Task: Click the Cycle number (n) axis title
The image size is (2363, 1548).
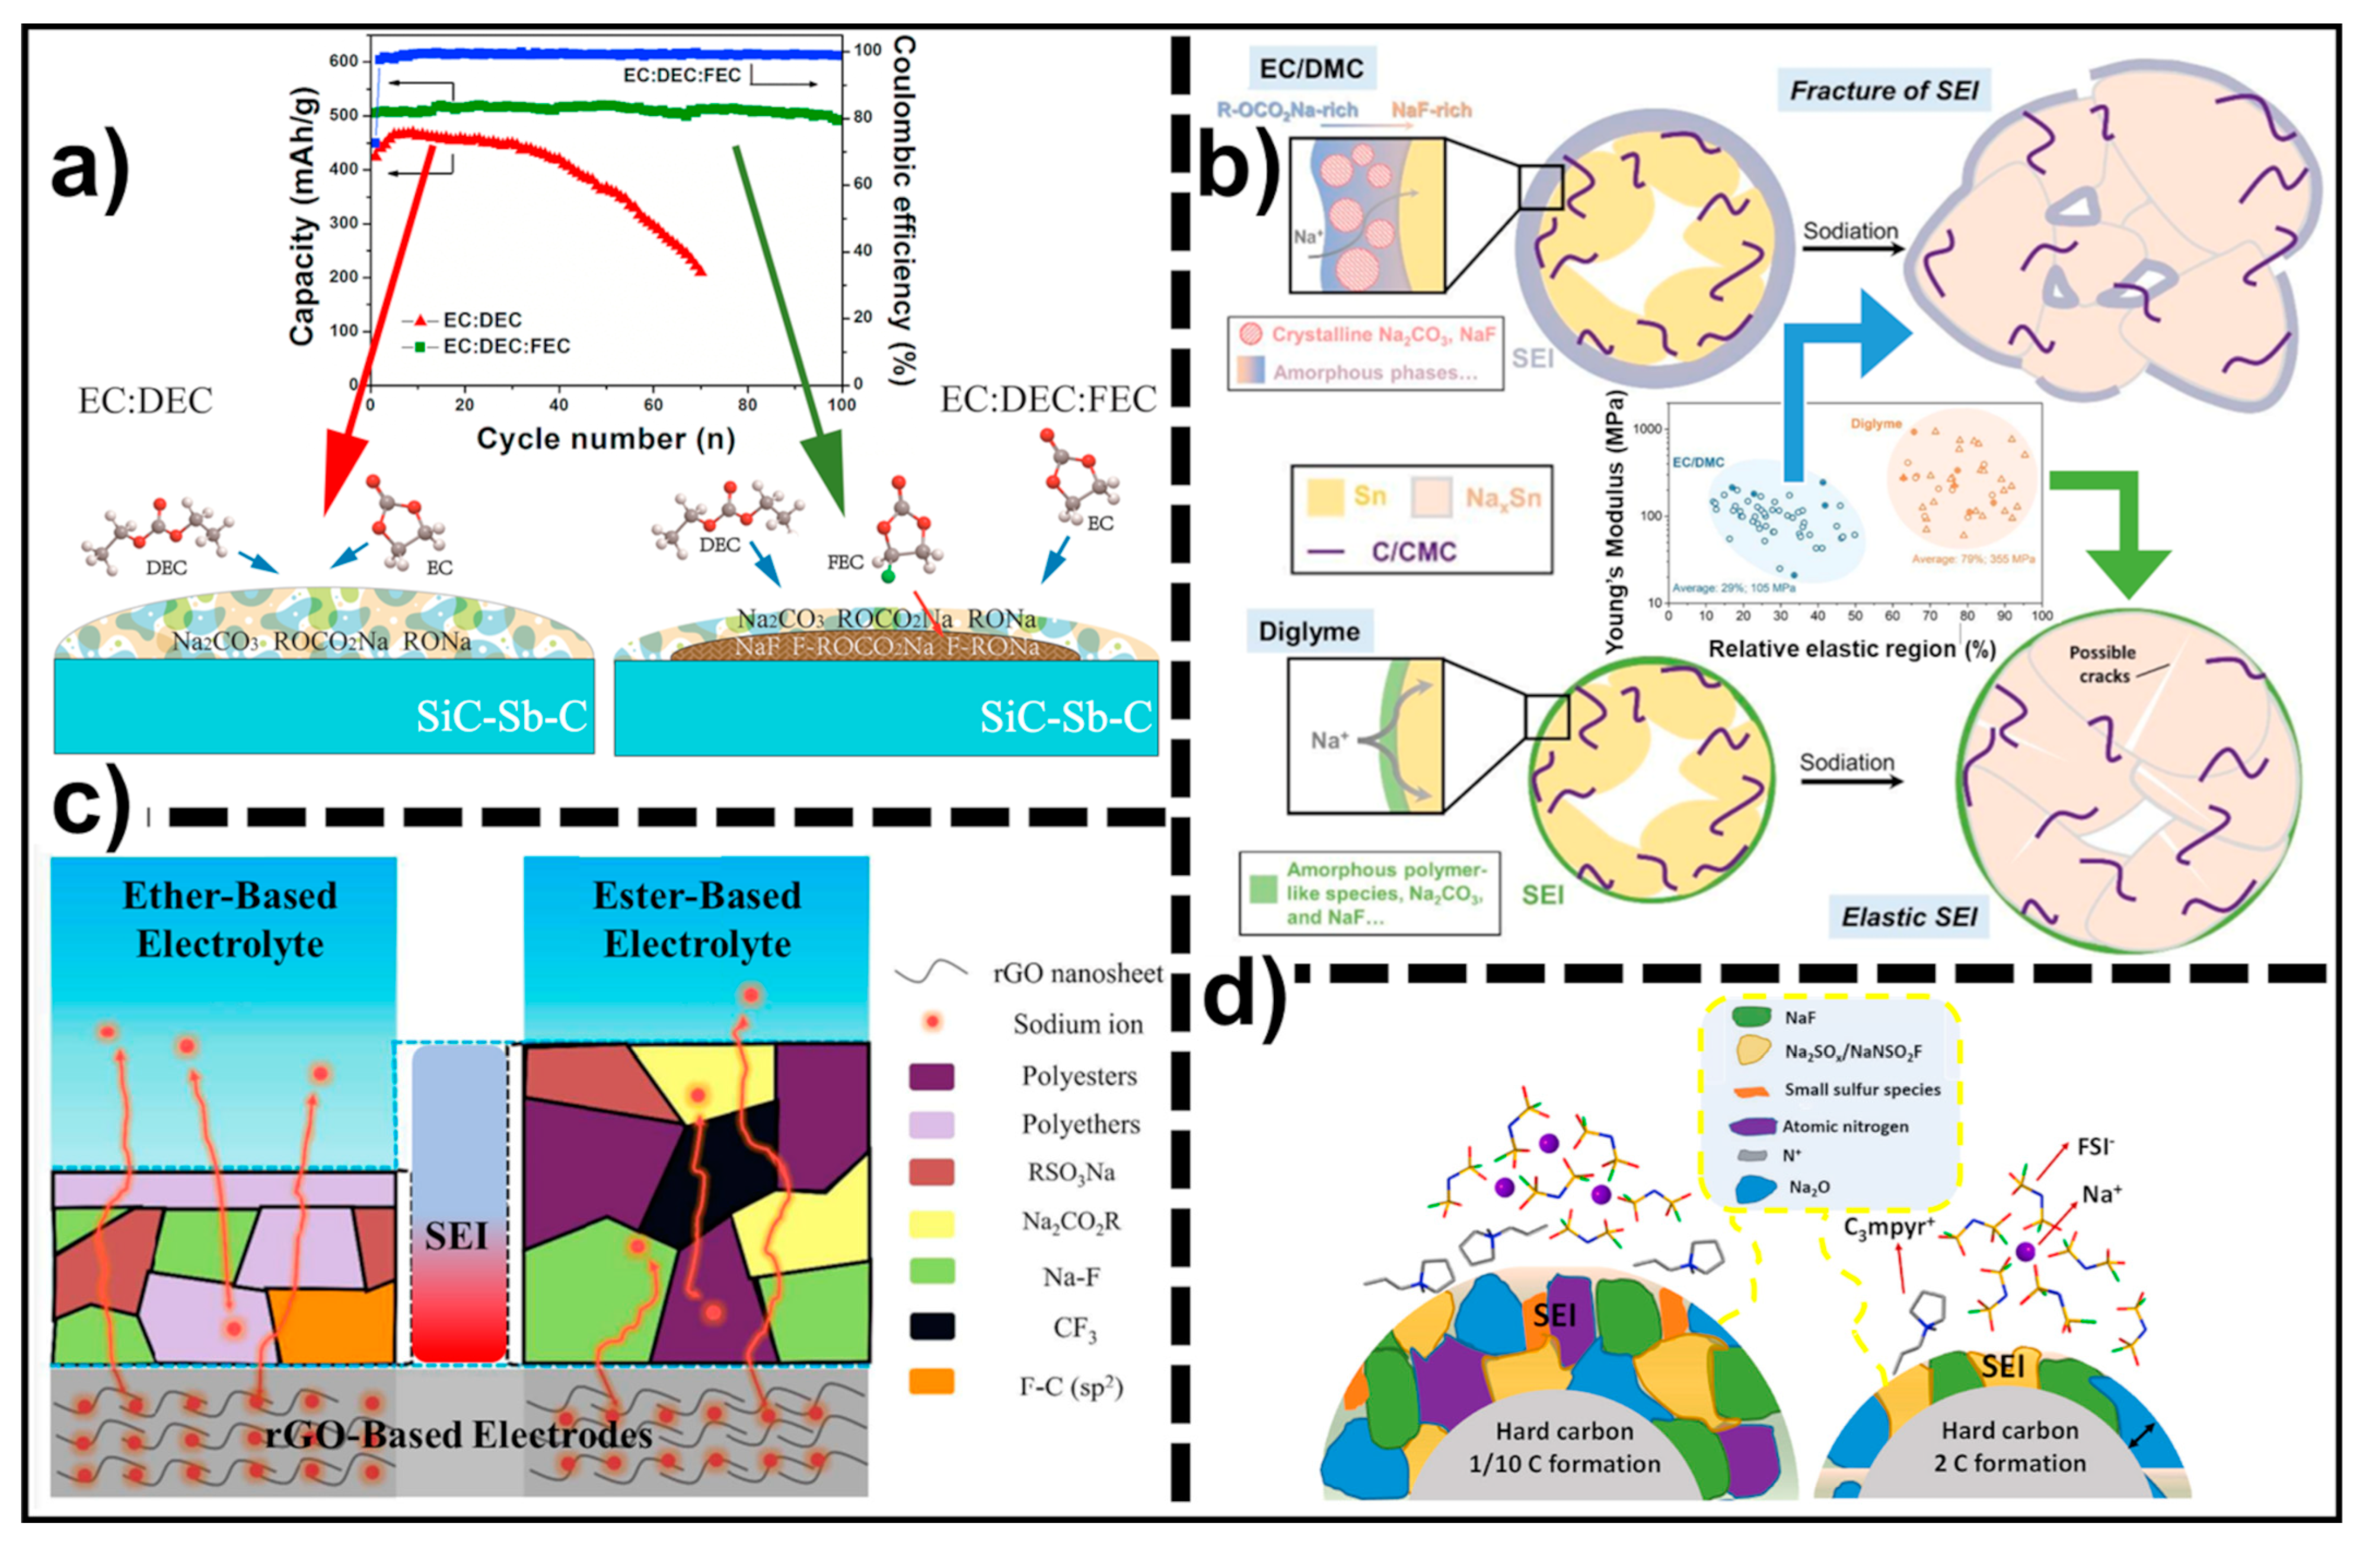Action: [605, 439]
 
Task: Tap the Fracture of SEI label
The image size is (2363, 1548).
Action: [1883, 90]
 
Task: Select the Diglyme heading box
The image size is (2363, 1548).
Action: [1309, 631]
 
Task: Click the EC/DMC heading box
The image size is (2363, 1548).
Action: [1310, 69]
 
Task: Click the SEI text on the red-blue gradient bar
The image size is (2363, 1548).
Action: [457, 1236]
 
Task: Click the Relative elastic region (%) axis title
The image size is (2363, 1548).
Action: [1851, 649]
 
